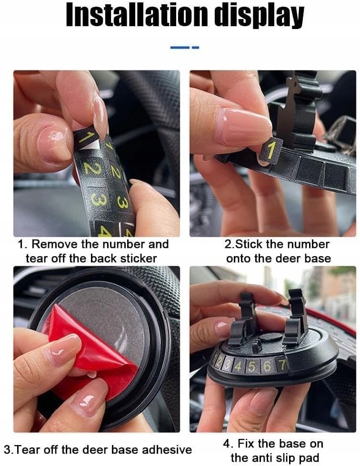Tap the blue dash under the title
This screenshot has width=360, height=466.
[184, 47]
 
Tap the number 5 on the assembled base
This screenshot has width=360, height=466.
[252, 367]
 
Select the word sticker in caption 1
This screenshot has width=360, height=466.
[138, 258]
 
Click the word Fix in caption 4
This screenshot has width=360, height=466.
[247, 444]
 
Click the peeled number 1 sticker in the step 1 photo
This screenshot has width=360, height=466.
[86, 138]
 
